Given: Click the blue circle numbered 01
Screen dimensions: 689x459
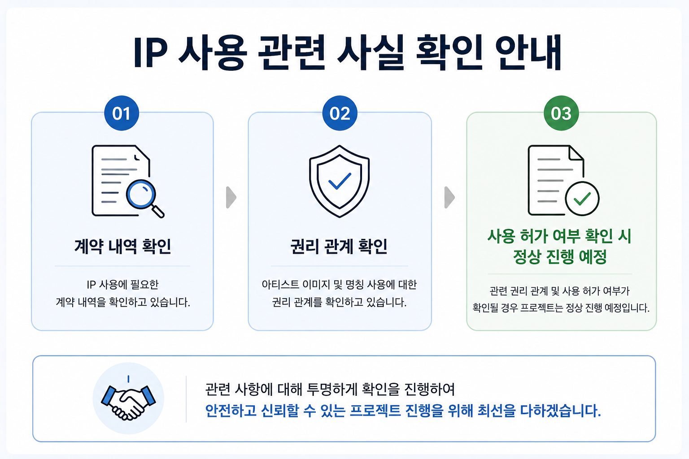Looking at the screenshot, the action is coord(122,113).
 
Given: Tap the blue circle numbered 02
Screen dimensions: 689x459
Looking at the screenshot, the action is coord(340,113).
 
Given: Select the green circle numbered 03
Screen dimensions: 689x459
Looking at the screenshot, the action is coord(561,113).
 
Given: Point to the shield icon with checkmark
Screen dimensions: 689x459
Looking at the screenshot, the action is coord(339,181).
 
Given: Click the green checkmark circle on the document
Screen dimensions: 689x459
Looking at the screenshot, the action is coord(582,199).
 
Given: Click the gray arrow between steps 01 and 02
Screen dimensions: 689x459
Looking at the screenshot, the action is coord(231,197).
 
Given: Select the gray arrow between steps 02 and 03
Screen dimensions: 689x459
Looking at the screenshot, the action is coord(449,197).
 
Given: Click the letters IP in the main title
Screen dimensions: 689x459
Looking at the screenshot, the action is coord(151,53).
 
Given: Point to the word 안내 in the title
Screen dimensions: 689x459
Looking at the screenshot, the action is coord(528,53).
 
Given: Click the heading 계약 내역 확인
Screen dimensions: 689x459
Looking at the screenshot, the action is coord(123,247).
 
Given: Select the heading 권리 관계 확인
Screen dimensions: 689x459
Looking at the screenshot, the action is coord(339,247).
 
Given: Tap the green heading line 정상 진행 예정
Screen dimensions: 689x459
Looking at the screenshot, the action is coord(560,257).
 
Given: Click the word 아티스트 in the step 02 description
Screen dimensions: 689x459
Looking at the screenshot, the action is coord(280,285).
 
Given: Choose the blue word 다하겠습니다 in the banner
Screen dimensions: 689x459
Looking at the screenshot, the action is coord(560,411).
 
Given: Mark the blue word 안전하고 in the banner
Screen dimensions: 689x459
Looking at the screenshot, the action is coord(231,411).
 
